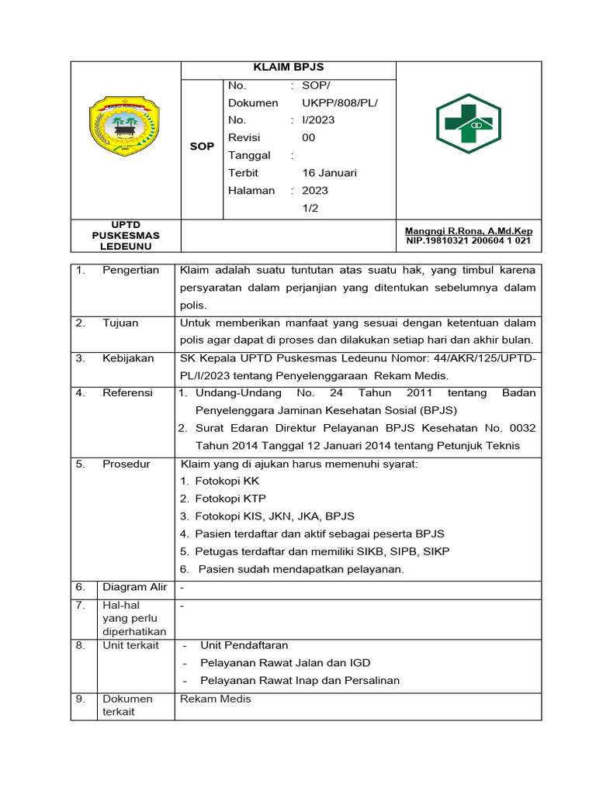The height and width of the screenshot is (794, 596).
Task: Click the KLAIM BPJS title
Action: [x=288, y=68]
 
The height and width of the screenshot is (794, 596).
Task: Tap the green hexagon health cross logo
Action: [x=469, y=123]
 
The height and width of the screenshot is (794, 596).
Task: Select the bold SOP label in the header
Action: [x=202, y=147]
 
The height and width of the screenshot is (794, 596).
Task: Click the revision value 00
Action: [x=309, y=137]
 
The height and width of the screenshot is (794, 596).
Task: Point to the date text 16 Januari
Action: [x=330, y=172]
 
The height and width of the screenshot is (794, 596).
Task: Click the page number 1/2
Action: [x=310, y=208]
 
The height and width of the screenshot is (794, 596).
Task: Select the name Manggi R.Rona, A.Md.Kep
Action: [x=469, y=231]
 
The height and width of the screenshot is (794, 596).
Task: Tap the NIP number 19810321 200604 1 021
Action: [x=469, y=241]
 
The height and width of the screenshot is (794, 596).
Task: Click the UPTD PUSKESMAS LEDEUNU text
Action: [x=125, y=235]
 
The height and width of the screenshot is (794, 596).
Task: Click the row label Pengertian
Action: [x=130, y=271]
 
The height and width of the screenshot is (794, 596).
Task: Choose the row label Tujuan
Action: [x=120, y=323]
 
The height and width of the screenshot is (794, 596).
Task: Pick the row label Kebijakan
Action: [x=128, y=358]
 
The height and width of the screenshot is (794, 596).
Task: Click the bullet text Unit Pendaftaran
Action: [x=244, y=645]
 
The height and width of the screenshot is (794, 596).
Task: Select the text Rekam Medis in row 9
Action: [x=216, y=699]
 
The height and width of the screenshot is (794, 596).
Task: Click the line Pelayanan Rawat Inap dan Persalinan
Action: [x=300, y=681]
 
